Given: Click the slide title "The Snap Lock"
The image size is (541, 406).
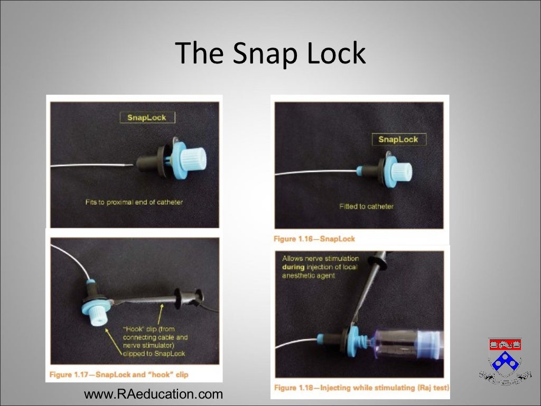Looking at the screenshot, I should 270,53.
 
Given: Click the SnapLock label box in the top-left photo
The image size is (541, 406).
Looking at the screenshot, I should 146,117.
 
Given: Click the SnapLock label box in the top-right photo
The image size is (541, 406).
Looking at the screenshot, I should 398,140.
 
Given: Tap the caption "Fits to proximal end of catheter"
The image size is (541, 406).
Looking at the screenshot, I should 134,202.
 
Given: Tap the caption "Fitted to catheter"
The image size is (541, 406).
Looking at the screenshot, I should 366,206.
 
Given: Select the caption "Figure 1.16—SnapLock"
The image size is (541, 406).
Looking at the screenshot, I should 314,239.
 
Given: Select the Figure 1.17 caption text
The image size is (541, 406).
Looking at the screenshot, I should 119,375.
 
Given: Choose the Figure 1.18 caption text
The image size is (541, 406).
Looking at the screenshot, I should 361,388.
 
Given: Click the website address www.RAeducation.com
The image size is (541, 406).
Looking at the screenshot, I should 154,394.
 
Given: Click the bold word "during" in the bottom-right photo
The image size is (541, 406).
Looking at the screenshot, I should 294,267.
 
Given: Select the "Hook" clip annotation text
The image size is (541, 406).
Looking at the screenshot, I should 155,341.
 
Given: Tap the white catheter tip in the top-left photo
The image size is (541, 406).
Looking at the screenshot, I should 129,165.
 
